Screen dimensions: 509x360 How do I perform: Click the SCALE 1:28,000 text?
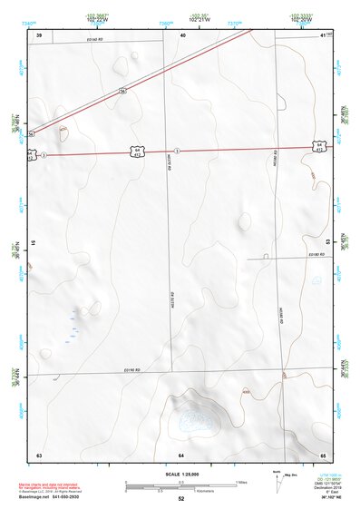coord(180,475)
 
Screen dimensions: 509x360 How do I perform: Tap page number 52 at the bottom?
coord(180,499)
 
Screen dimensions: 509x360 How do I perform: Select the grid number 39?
coord(39,34)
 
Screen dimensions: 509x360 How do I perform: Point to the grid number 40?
coord(182,34)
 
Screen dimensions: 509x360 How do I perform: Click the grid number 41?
coord(324,34)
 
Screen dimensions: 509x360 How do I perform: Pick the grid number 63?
coord(39,453)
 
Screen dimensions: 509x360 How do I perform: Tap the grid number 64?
coord(181,453)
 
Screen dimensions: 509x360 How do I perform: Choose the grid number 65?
coord(323,453)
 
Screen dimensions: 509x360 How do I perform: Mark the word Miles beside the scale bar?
coord(242,481)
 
